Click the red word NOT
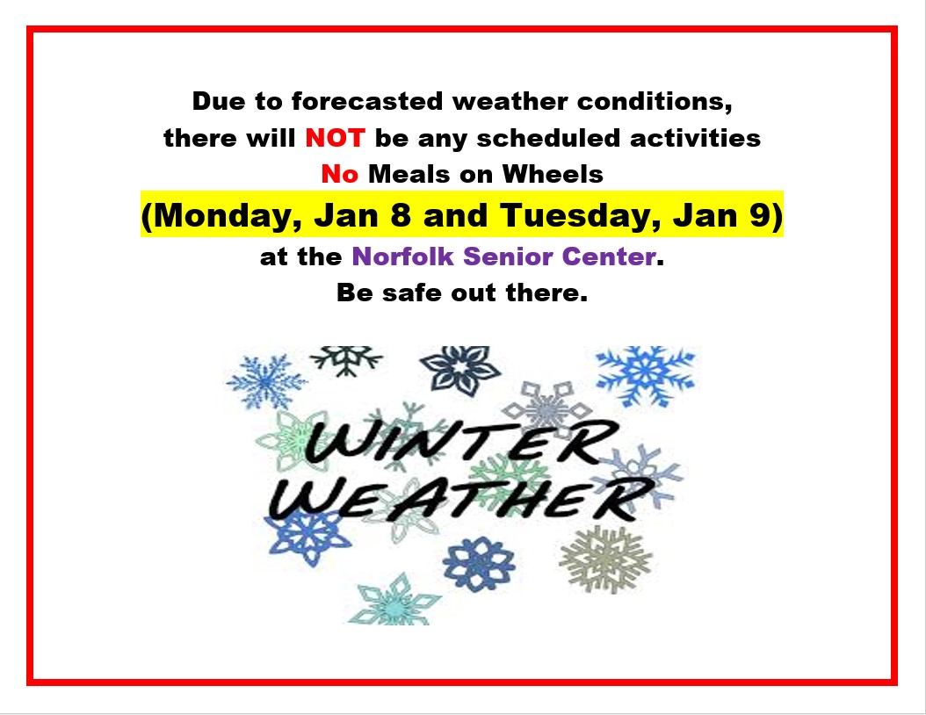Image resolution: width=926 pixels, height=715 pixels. click(x=335, y=138)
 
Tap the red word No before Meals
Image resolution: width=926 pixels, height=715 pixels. click(x=340, y=174)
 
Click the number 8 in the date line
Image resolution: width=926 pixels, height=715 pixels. click(x=401, y=214)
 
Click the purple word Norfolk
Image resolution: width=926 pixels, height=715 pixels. click(x=402, y=256)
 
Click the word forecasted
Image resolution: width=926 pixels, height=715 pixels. click(x=366, y=102)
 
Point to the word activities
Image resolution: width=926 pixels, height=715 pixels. click(x=695, y=138)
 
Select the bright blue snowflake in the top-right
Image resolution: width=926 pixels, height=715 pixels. click(x=646, y=376)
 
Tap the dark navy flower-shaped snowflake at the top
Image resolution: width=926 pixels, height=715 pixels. click(x=460, y=370)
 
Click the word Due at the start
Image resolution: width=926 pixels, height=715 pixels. click(x=219, y=102)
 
